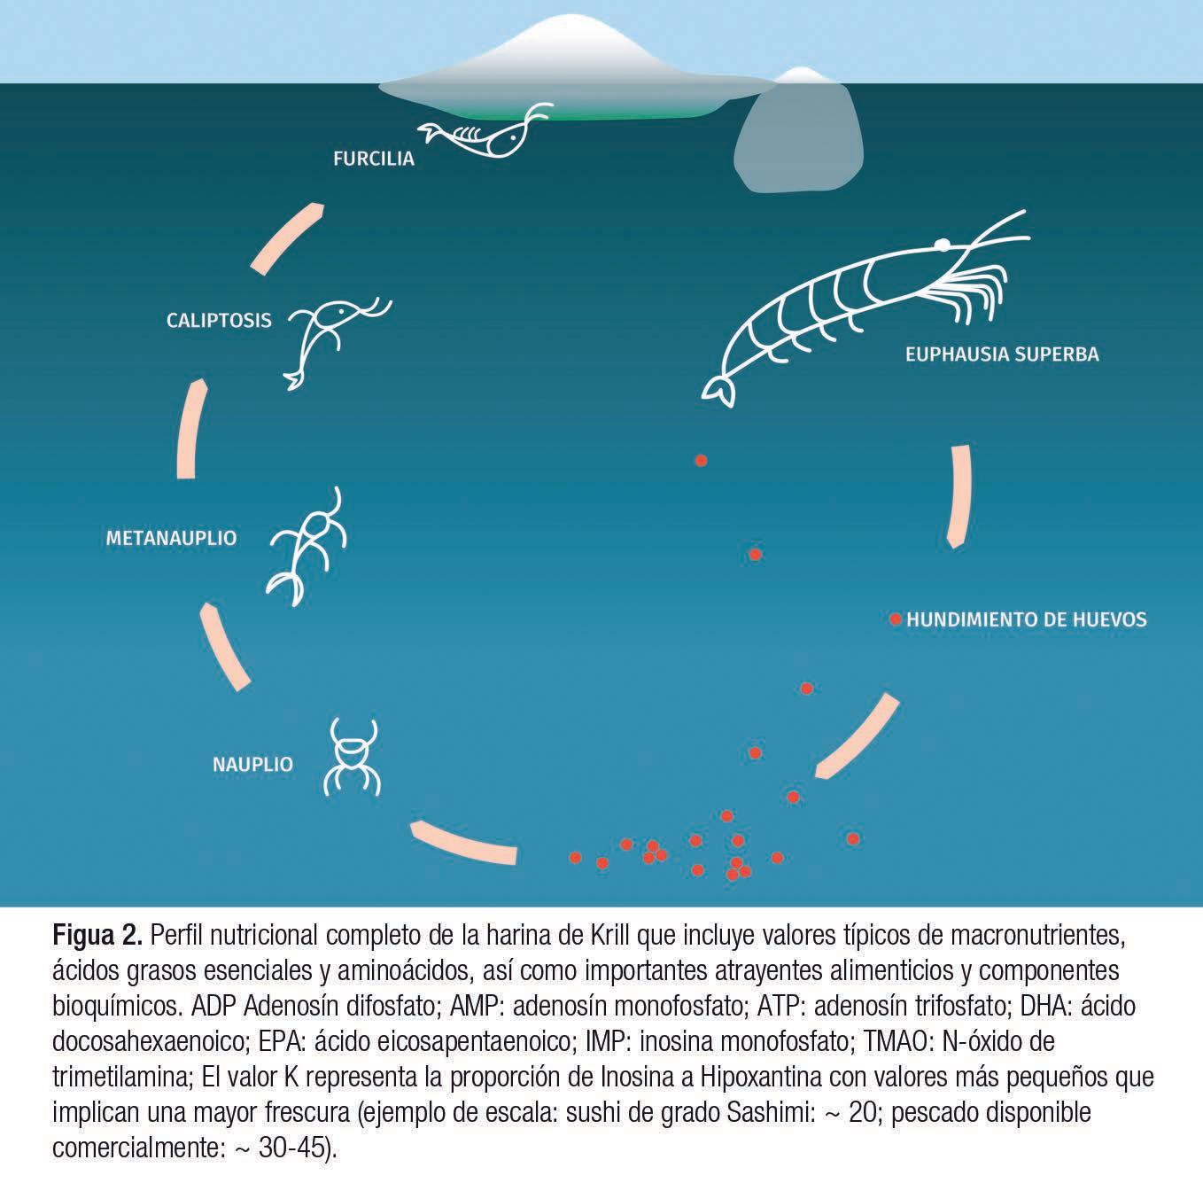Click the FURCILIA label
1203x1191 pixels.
click(373, 160)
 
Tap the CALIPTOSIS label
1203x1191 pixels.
click(219, 321)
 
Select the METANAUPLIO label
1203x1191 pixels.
click(171, 538)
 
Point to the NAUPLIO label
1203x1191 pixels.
click(252, 765)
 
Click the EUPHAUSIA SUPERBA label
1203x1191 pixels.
click(1002, 354)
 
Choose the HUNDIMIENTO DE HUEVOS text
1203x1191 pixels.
click(1026, 619)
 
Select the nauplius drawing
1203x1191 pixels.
click(353, 758)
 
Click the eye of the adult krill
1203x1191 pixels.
click(943, 245)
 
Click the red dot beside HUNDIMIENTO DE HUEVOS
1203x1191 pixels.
click(896, 619)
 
